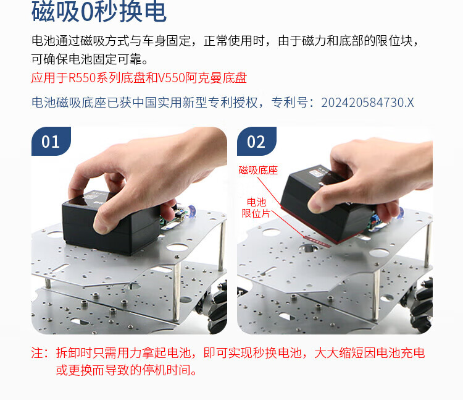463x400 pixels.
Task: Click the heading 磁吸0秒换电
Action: click(x=99, y=12)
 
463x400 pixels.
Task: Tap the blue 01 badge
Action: click(x=51, y=141)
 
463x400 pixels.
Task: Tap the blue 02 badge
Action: click(x=257, y=141)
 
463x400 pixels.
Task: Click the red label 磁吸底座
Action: click(x=259, y=170)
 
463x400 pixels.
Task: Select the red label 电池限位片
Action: click(x=256, y=208)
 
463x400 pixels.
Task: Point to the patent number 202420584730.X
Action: click(x=367, y=103)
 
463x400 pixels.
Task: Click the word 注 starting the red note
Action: click(x=37, y=352)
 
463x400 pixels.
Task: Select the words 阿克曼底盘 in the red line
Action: click(x=216, y=78)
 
